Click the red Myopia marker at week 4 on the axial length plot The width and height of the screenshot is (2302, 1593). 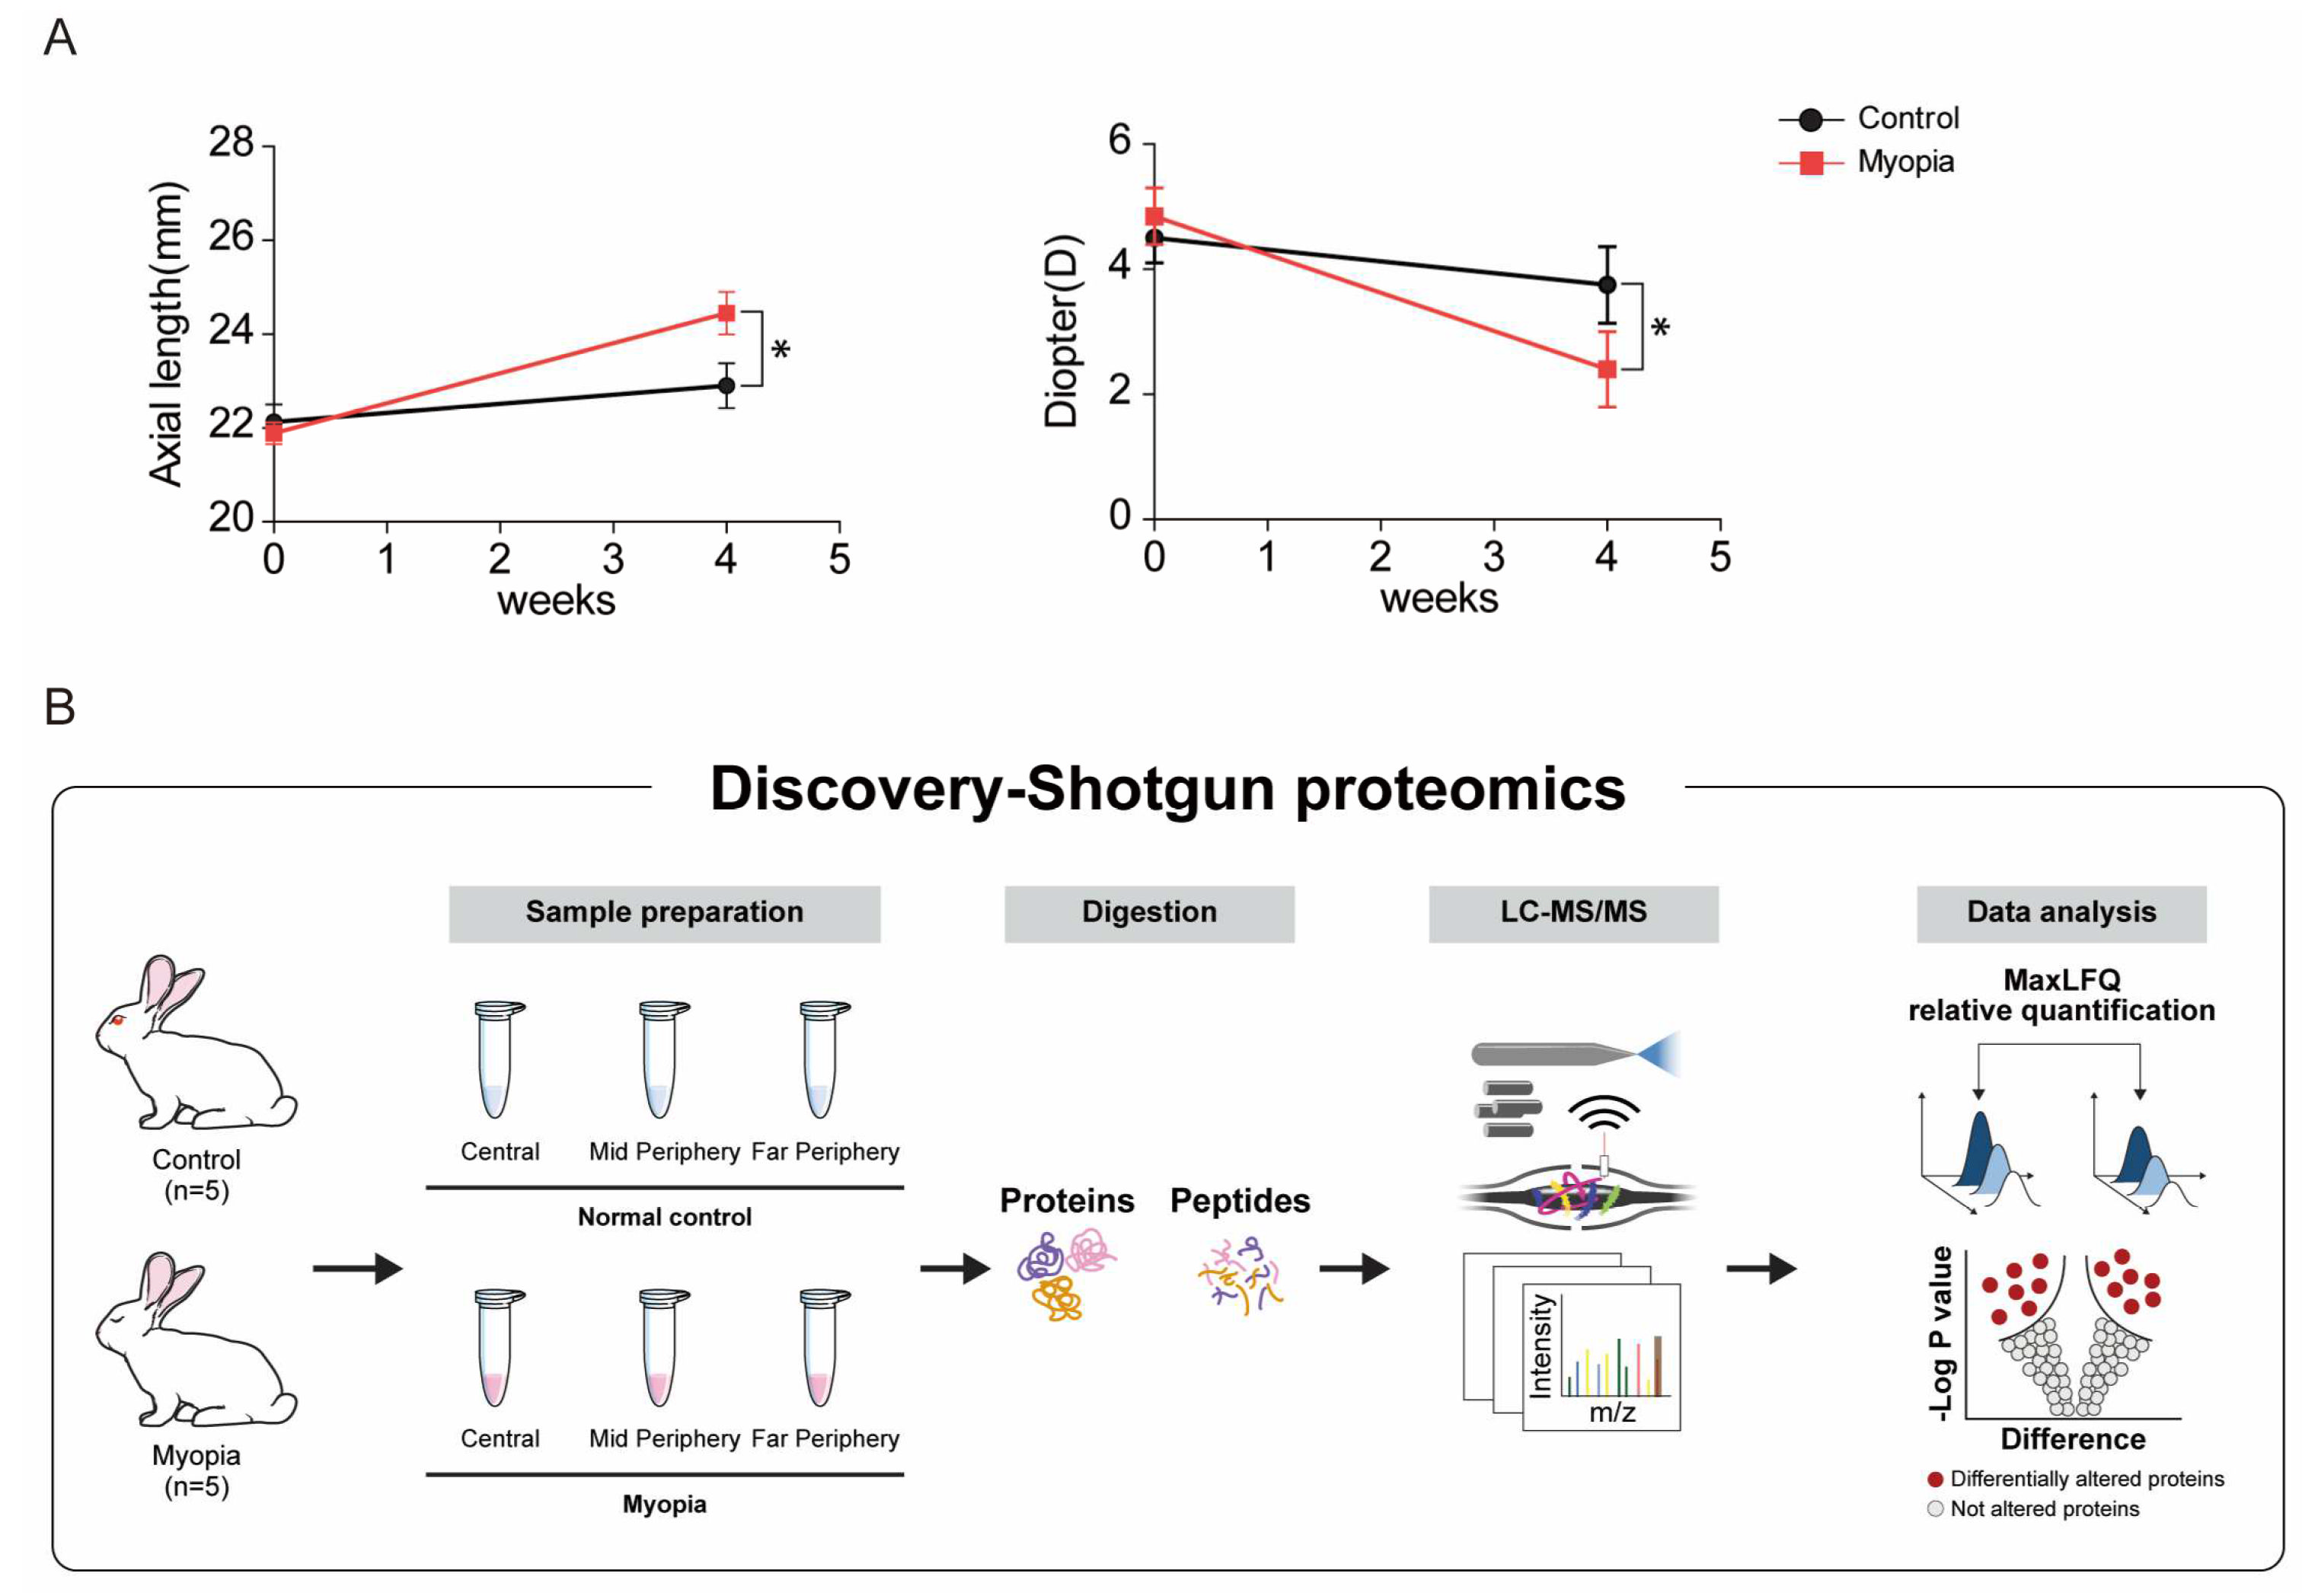click(726, 314)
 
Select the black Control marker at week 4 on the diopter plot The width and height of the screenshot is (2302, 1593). click(1606, 285)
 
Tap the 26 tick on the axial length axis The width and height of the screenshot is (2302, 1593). click(231, 238)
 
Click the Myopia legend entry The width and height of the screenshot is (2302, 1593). click(1904, 161)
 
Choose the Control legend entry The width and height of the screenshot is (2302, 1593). click(1907, 119)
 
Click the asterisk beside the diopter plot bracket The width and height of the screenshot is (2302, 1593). click(1660, 328)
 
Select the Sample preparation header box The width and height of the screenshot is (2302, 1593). click(664, 912)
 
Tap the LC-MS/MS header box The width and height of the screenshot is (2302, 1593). click(1572, 912)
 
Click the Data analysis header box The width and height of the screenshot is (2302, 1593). click(2061, 912)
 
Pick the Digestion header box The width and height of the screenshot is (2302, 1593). click(1148, 912)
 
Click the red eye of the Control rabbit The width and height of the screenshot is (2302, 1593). click(117, 1020)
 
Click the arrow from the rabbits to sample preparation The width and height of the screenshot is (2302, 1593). click(356, 1269)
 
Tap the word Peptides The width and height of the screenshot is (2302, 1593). click(1239, 1200)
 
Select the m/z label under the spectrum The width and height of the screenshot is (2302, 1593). click(1611, 1411)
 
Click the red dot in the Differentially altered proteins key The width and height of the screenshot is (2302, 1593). click(1935, 1480)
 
